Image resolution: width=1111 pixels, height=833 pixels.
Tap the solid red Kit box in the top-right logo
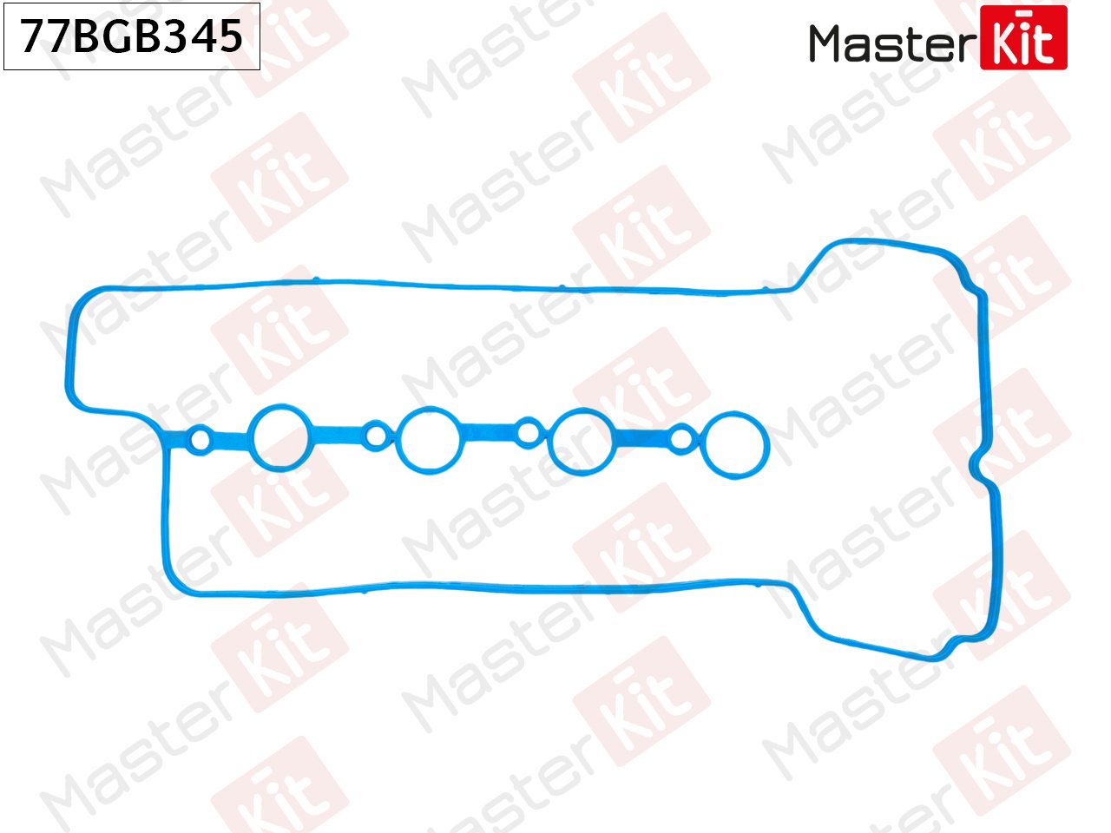click(1023, 37)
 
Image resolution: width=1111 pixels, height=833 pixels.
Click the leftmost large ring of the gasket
click(281, 436)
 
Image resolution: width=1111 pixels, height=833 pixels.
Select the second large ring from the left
click(429, 440)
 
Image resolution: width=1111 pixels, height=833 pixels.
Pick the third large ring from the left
click(582, 441)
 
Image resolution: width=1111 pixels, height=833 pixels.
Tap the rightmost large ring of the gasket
click(735, 444)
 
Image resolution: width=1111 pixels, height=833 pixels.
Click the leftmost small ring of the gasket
click(200, 440)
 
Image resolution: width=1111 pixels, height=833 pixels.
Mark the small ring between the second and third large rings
click(528, 432)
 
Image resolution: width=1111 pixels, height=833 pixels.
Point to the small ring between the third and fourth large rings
click(682, 439)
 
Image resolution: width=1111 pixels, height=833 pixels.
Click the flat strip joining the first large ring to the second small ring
click(339, 431)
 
